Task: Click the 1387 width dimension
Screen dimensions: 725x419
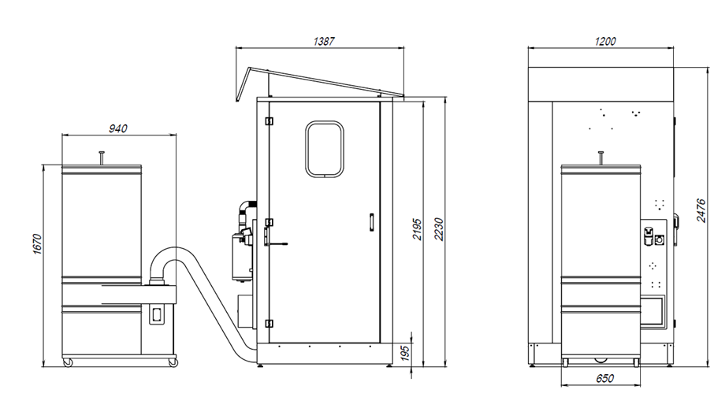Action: click(x=324, y=41)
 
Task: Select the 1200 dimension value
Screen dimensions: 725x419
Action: click(x=604, y=41)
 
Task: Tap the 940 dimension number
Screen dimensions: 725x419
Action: click(x=118, y=128)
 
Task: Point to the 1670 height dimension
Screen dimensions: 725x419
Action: click(x=38, y=244)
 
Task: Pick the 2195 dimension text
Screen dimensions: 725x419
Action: click(x=417, y=229)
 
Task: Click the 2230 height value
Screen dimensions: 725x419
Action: click(x=439, y=229)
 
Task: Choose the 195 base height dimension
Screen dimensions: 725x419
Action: click(x=404, y=354)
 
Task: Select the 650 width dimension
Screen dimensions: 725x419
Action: click(x=604, y=378)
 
